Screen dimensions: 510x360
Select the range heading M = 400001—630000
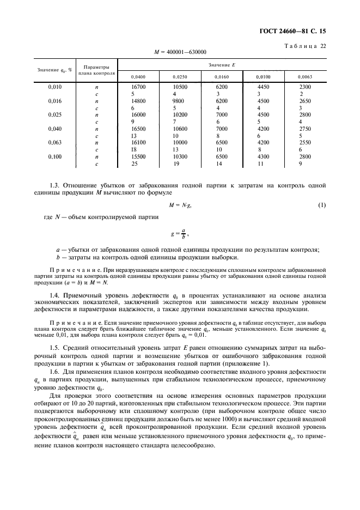click(180, 52)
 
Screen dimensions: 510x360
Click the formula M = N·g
click(180, 204)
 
